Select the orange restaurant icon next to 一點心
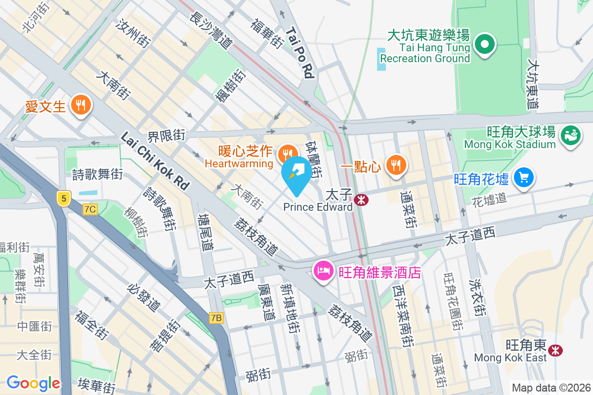click(x=395, y=165)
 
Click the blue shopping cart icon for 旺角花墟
click(x=523, y=177)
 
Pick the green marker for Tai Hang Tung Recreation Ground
click(x=485, y=45)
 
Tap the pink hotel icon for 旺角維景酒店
click(x=323, y=271)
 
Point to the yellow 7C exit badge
click(x=90, y=209)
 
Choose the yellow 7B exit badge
click(x=216, y=317)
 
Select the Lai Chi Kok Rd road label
click(x=155, y=160)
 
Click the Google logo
click(x=33, y=383)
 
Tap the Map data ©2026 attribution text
click(x=551, y=388)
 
